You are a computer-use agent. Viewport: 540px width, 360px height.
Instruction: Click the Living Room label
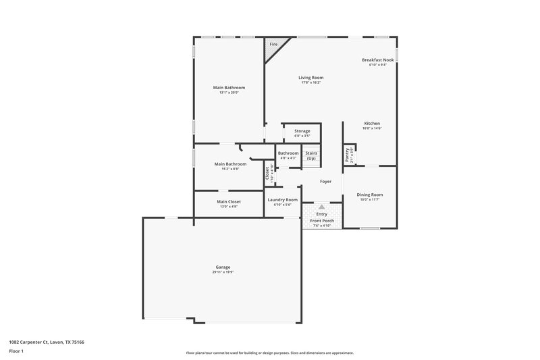pyautogui.click(x=310, y=77)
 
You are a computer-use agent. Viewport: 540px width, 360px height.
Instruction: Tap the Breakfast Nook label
pyautogui.click(x=378, y=60)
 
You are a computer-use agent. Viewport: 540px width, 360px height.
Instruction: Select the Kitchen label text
pyautogui.click(x=373, y=123)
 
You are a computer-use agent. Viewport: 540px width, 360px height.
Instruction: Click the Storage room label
pyautogui.click(x=302, y=130)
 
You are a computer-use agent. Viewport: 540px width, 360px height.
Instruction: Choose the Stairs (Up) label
pyautogui.click(x=311, y=155)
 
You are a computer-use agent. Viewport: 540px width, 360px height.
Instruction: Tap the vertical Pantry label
pyautogui.click(x=348, y=155)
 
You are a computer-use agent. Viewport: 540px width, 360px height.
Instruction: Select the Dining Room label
pyautogui.click(x=370, y=195)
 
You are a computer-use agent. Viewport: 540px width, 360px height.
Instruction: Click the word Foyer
pyautogui.click(x=325, y=181)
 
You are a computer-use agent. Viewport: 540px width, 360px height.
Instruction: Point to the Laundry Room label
pyautogui.click(x=282, y=199)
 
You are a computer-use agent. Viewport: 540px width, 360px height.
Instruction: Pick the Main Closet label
pyautogui.click(x=228, y=201)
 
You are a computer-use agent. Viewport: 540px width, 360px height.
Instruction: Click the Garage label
pyautogui.click(x=223, y=267)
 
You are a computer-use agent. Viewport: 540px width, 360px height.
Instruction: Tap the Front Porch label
pyautogui.click(x=321, y=221)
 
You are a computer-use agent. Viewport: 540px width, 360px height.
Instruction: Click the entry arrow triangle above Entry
pyautogui.click(x=321, y=207)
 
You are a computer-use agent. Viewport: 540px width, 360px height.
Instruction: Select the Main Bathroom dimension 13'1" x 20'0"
pyautogui.click(x=228, y=93)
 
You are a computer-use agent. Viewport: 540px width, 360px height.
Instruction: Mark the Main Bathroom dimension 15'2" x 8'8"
pyautogui.click(x=230, y=169)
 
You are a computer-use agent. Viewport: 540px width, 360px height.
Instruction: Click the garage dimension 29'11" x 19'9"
pyautogui.click(x=223, y=272)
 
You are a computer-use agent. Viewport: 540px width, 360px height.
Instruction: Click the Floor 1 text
pyautogui.click(x=16, y=352)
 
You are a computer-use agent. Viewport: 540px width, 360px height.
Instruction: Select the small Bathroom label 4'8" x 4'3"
pyautogui.click(x=288, y=158)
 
